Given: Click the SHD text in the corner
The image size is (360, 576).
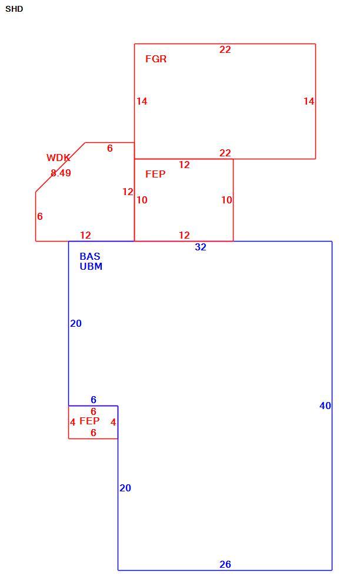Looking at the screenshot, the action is pyautogui.click(x=14, y=9).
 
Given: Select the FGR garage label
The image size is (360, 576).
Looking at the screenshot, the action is pyautogui.click(x=155, y=59).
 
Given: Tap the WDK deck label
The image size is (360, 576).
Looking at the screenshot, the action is pyautogui.click(x=58, y=158).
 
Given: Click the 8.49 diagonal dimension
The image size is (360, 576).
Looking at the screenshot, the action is pyautogui.click(x=61, y=173).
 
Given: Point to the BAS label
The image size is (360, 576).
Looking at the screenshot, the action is pyautogui.click(x=90, y=256).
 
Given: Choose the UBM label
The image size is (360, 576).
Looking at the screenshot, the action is pyautogui.click(x=91, y=266).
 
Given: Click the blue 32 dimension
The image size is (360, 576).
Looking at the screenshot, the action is pyautogui.click(x=201, y=247).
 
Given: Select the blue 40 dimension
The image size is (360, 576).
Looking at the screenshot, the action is pyautogui.click(x=325, y=406).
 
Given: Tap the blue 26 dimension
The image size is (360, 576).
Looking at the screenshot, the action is pyautogui.click(x=225, y=564).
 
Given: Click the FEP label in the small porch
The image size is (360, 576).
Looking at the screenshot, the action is pyautogui.click(x=89, y=421).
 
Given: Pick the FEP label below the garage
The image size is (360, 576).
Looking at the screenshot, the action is pyautogui.click(x=155, y=174).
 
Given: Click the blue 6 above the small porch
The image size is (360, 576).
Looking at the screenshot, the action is pyautogui.click(x=94, y=399).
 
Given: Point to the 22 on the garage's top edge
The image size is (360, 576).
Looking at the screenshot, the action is pyautogui.click(x=225, y=49).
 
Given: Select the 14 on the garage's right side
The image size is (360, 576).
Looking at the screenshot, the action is pyautogui.click(x=309, y=101).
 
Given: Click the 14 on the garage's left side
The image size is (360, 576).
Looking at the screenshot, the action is pyautogui.click(x=142, y=101).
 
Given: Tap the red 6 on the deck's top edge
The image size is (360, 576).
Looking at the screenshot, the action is pyautogui.click(x=109, y=148).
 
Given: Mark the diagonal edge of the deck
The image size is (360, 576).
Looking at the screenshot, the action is pyautogui.click(x=61, y=167).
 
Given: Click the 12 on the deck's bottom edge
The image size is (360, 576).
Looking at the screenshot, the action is pyautogui.click(x=85, y=235).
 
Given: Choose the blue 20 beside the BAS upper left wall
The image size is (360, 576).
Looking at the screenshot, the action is pyautogui.click(x=76, y=323).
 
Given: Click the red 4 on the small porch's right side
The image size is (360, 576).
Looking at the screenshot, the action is pyautogui.click(x=114, y=422).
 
